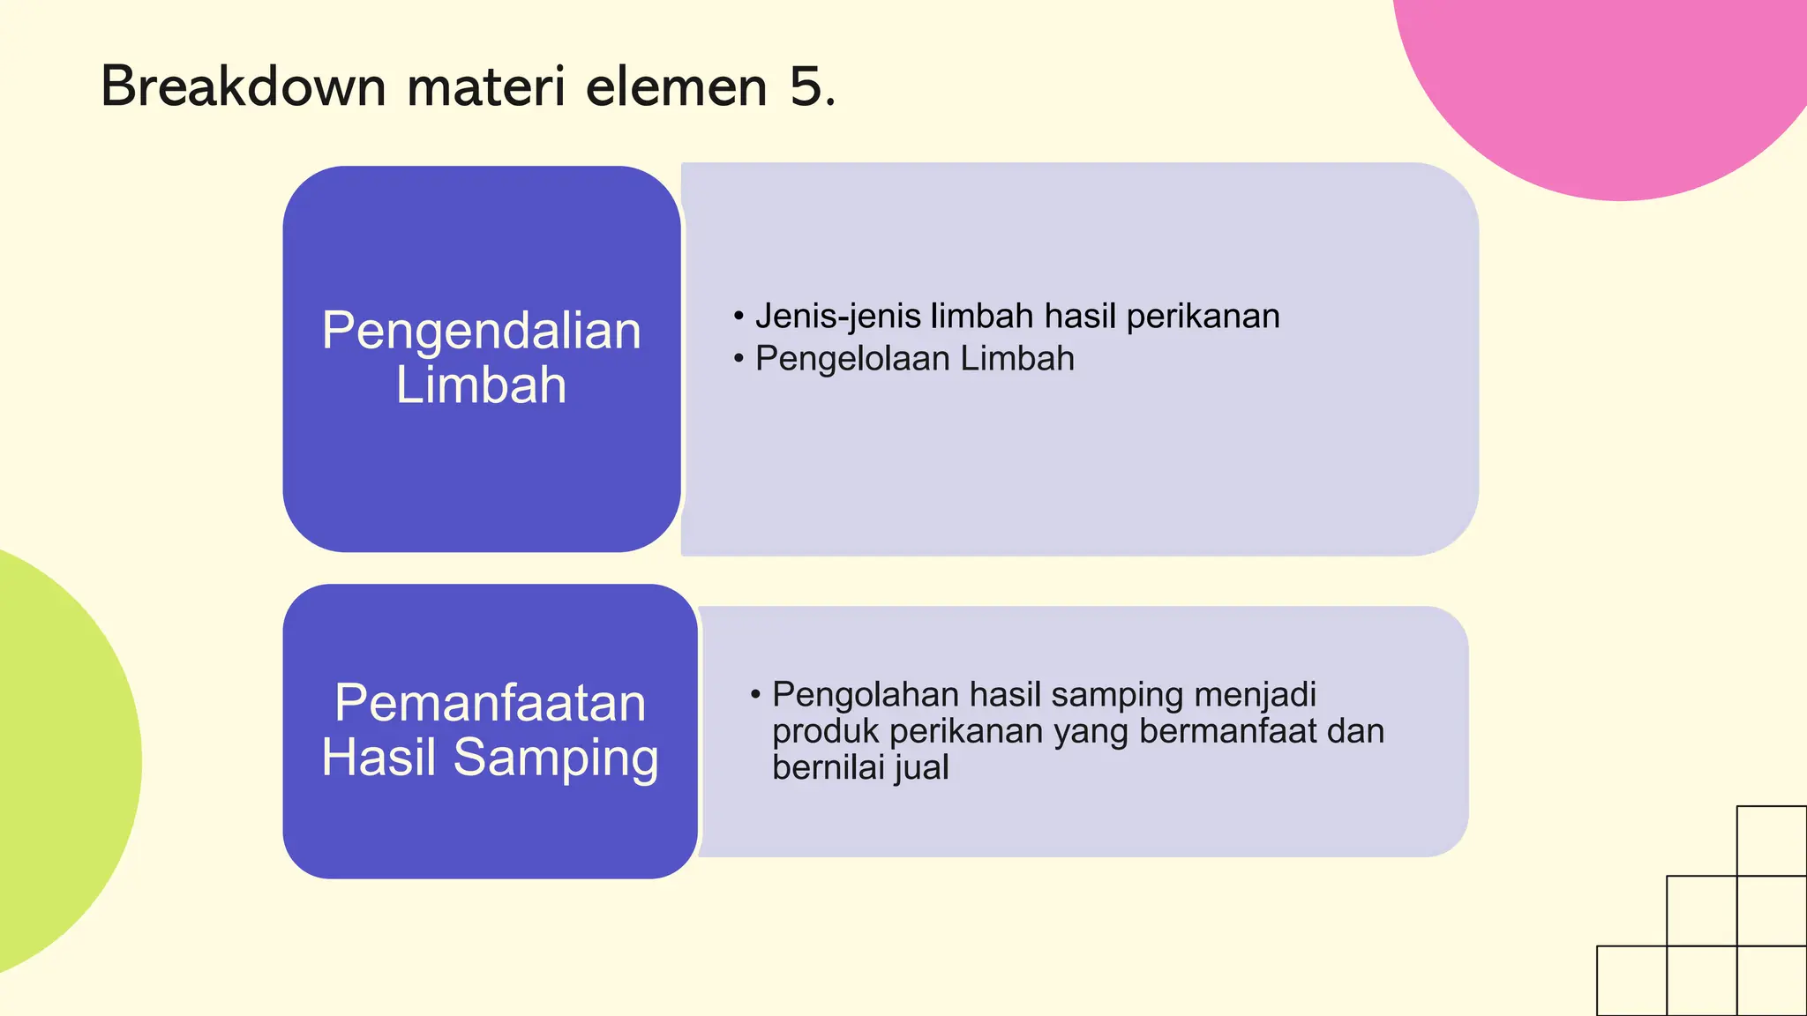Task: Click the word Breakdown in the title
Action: click(244, 87)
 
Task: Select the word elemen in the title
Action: click(677, 87)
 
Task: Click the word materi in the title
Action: click(486, 87)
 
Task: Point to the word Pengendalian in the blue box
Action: click(481, 331)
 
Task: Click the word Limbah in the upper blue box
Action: click(481, 385)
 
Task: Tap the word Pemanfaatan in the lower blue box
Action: click(490, 703)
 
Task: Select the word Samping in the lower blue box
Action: click(556, 758)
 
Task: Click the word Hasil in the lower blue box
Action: click(379, 758)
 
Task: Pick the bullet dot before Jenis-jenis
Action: click(739, 316)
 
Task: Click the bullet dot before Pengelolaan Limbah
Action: click(739, 358)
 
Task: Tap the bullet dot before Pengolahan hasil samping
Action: click(755, 694)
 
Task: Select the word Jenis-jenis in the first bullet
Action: click(837, 316)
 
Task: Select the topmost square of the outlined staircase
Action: click(1772, 840)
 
